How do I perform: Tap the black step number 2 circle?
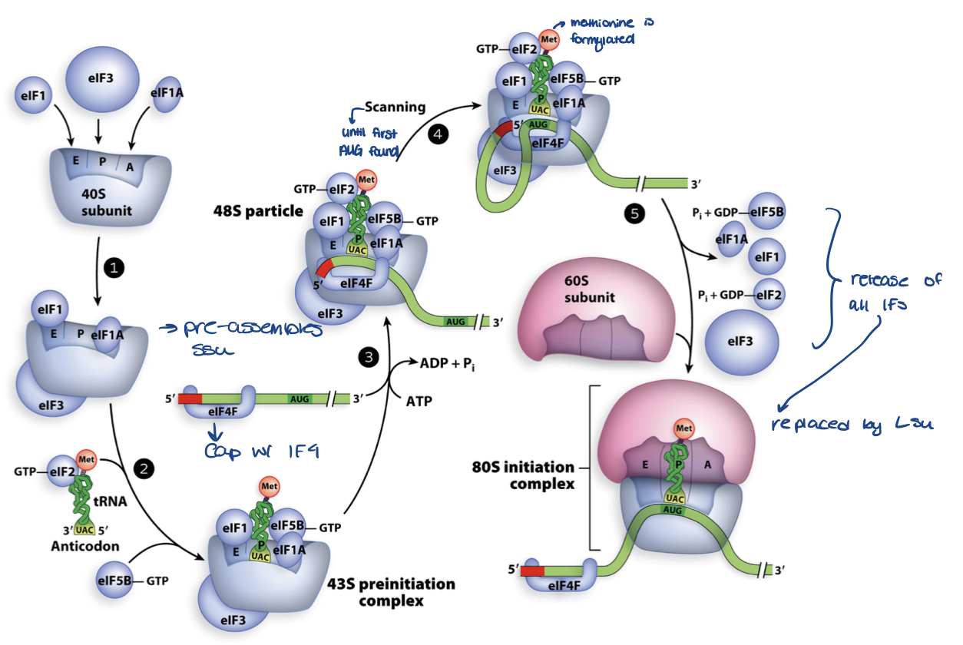(144, 466)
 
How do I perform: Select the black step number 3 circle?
(369, 356)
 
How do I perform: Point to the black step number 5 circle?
(634, 214)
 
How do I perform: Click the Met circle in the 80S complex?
(683, 428)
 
